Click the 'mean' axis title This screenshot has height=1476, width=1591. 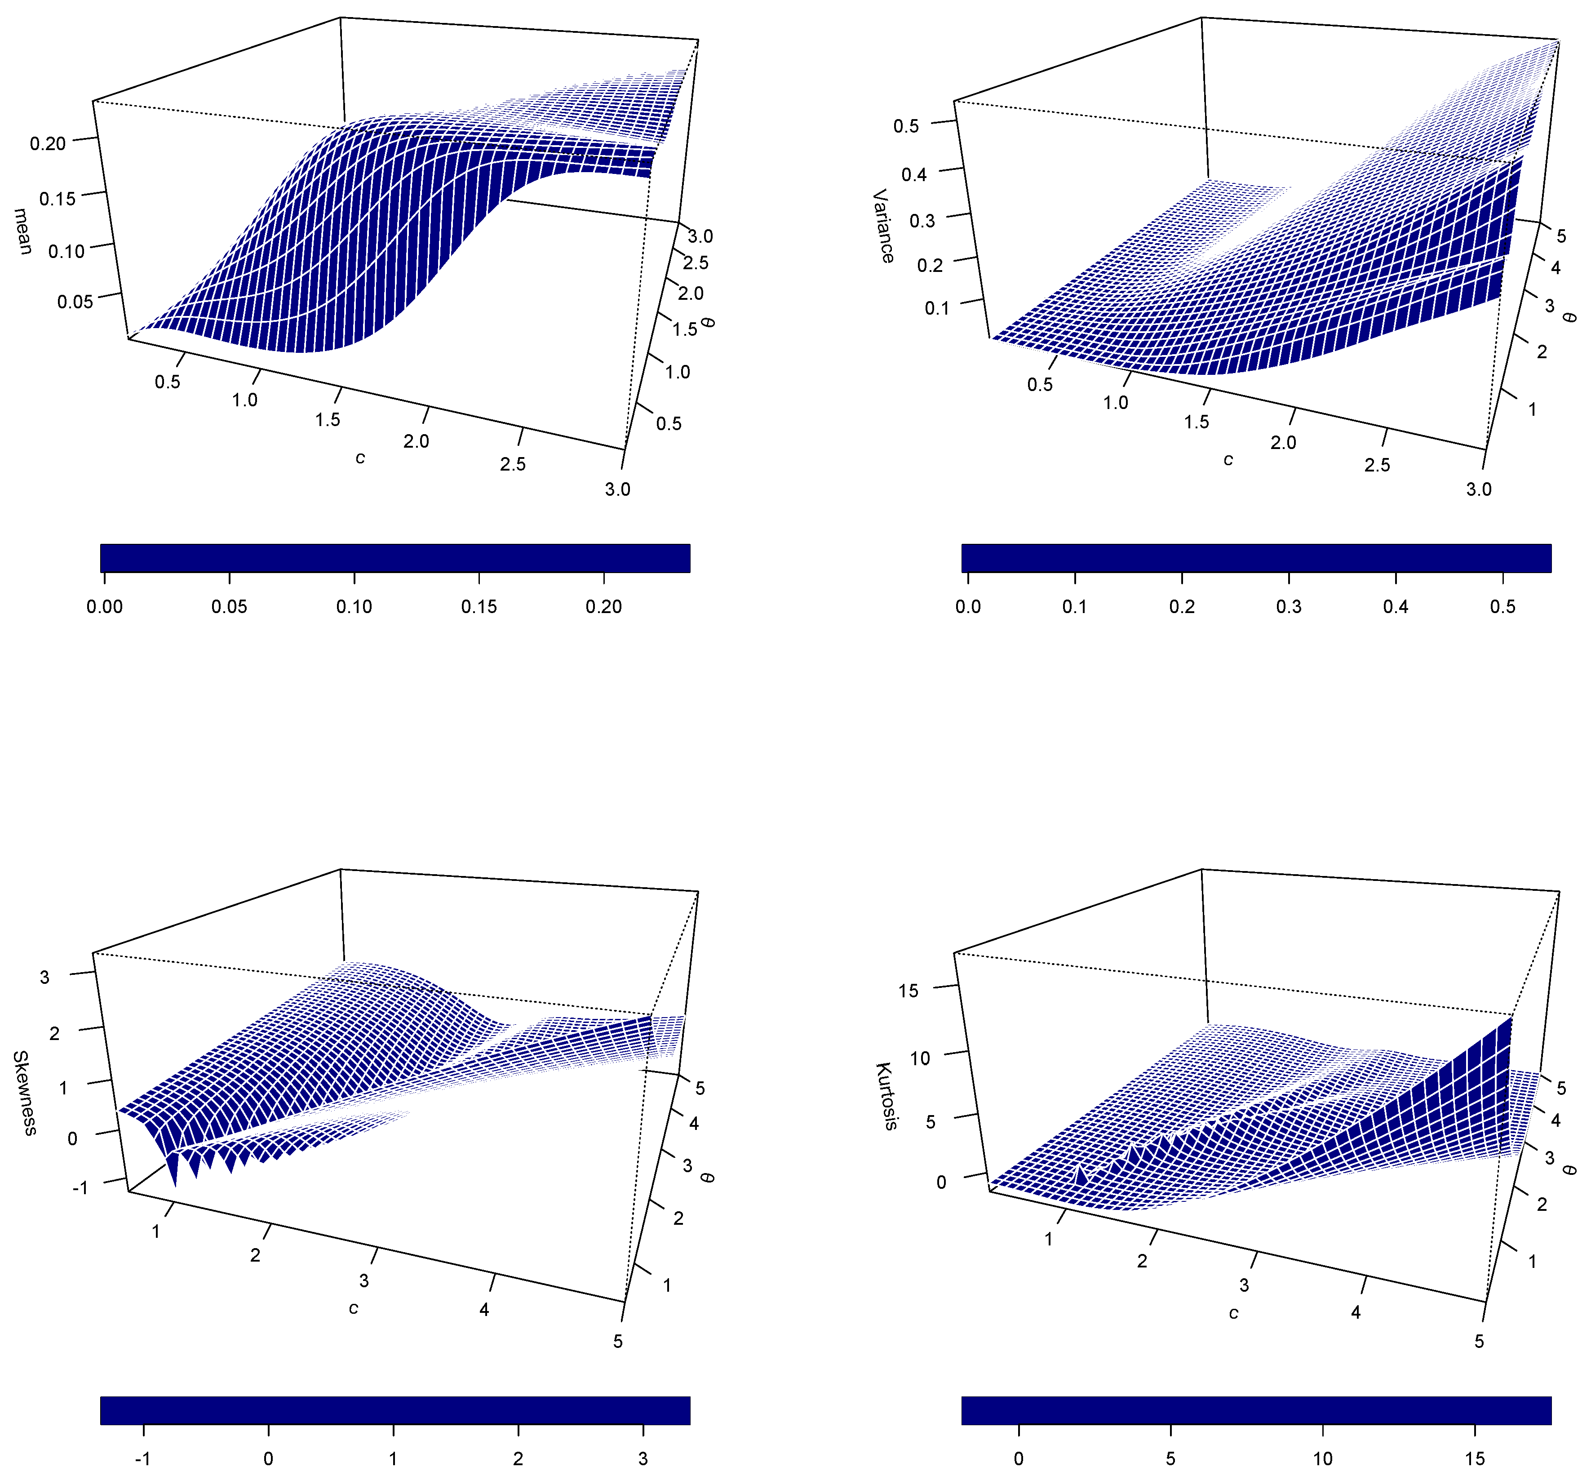click(23, 231)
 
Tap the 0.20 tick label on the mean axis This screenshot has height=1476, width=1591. click(48, 144)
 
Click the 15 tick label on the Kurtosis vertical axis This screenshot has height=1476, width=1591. click(909, 991)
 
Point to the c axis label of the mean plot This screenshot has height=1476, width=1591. click(360, 458)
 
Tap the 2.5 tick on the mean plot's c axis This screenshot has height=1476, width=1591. click(513, 464)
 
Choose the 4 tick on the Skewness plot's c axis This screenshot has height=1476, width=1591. click(484, 1309)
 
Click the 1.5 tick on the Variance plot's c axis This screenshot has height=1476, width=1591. click(1196, 421)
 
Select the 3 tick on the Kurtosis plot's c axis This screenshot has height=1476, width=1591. click(1244, 1285)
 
